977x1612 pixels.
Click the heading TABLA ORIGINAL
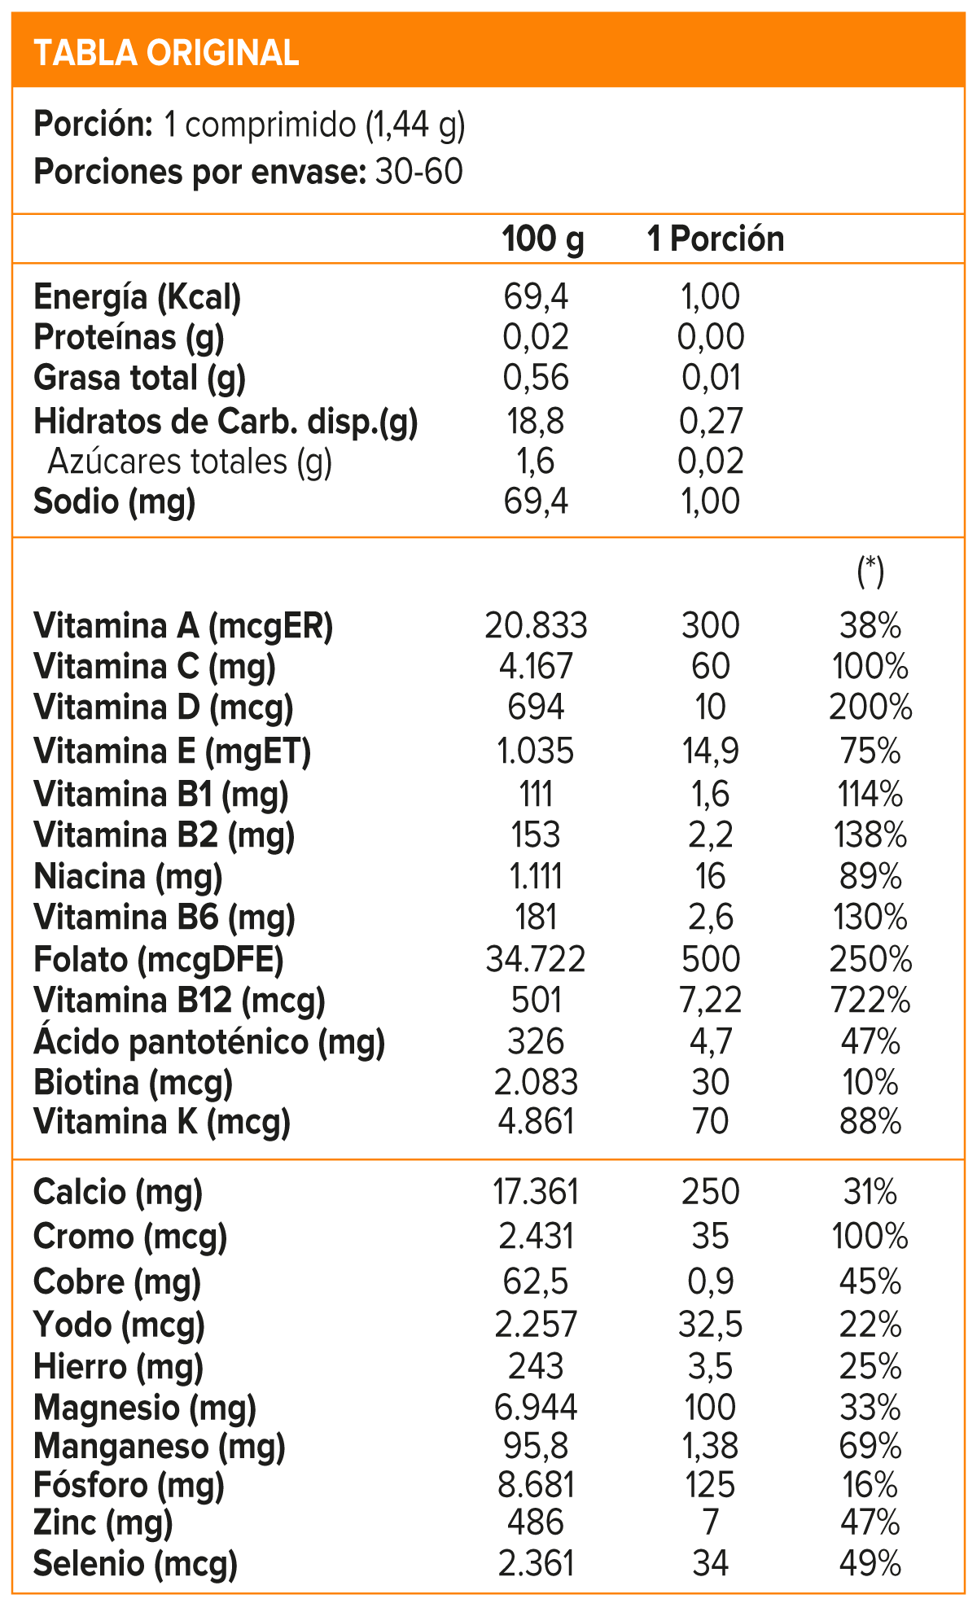coord(167,53)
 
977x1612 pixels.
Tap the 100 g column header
coord(543,239)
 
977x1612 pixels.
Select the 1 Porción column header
coord(716,239)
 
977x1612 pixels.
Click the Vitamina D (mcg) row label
coord(164,707)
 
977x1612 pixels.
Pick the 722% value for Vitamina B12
coord(870,1001)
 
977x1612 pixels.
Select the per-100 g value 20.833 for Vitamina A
coord(536,626)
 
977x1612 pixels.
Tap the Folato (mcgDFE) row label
coord(159,960)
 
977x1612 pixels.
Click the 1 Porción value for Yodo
coord(710,1325)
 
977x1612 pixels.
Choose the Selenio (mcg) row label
coord(135,1563)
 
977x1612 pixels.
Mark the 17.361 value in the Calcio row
coord(536,1193)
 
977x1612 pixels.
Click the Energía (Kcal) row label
coord(138,298)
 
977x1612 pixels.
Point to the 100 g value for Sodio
coord(536,502)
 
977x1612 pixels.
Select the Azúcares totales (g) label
coord(190,462)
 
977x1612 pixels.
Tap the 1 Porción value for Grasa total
coord(711,379)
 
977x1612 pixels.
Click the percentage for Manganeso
coord(870,1447)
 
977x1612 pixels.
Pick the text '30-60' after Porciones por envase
coord(419,173)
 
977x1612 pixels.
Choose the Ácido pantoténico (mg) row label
coord(209,1042)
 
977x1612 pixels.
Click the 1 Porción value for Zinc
coord(710,1522)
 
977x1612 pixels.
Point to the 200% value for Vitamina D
coord(870,707)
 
